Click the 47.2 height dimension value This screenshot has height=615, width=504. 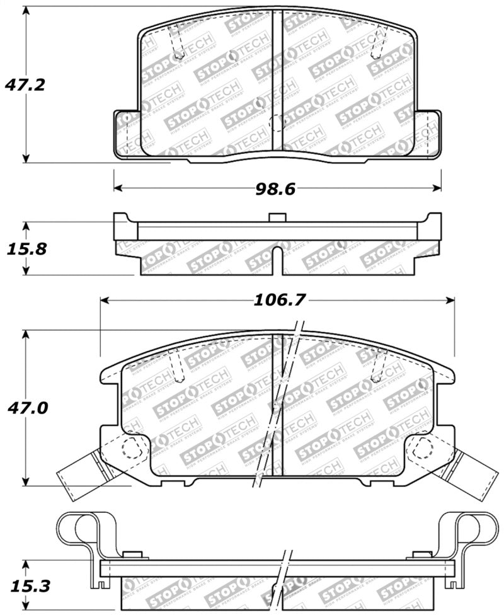pos(25,84)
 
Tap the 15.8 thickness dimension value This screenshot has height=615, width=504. pos(25,248)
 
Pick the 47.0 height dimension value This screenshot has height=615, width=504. pos(25,408)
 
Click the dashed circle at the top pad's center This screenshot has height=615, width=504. pos(277,123)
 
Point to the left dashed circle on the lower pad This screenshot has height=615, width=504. pos(130,448)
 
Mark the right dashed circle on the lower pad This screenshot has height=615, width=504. pos(421,448)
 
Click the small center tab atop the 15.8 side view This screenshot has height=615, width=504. pos(277,217)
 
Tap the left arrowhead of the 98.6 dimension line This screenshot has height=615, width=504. pos(118,188)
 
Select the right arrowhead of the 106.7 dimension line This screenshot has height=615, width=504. pos(450,300)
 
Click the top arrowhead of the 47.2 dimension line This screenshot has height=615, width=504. pos(25,13)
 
